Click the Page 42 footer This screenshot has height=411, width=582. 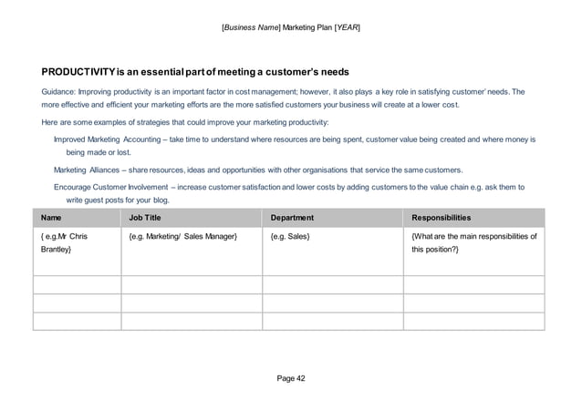291,377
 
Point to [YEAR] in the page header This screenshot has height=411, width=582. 347,27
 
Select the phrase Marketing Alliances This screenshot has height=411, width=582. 89,170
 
